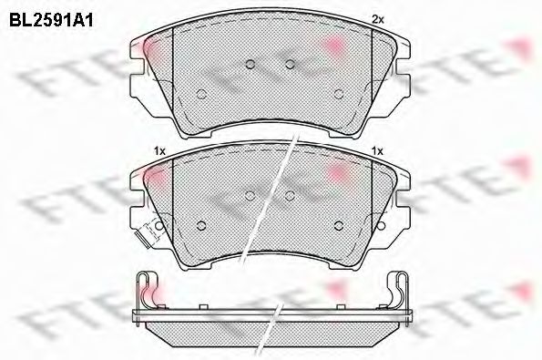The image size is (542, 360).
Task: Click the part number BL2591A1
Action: click(x=51, y=21)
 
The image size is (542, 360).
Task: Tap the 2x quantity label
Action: click(x=377, y=19)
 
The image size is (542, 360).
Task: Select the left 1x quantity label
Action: click(x=159, y=151)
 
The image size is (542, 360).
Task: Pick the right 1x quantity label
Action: click(x=377, y=151)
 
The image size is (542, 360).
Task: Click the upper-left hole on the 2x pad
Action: click(x=251, y=64)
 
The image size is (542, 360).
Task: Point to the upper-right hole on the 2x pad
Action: click(x=290, y=64)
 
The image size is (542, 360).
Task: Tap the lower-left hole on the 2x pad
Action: click(x=201, y=94)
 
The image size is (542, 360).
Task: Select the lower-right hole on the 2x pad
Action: click(x=339, y=94)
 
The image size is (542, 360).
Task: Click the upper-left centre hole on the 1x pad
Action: click(x=251, y=196)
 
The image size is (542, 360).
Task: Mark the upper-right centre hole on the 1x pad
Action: click(x=290, y=196)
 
